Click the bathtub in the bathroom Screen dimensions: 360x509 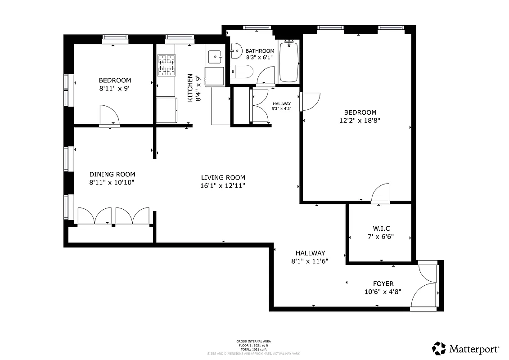[289, 61]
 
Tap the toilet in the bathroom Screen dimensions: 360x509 [242, 72]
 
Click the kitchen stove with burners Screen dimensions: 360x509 [166, 65]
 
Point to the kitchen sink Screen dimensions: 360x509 [215, 56]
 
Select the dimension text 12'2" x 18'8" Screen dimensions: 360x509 [360, 121]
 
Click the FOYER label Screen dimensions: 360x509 [383, 283]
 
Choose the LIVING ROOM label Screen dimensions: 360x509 [223, 177]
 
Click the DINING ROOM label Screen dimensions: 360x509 [112, 174]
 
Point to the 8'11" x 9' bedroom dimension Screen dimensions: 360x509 [115, 89]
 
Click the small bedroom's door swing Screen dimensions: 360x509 [109, 115]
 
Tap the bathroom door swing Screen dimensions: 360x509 [266, 75]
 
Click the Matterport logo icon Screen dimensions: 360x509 [439, 348]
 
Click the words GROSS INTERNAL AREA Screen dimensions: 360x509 [253, 341]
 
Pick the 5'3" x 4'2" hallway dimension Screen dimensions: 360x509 [282, 108]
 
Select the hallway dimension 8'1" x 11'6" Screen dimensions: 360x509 [310, 261]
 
